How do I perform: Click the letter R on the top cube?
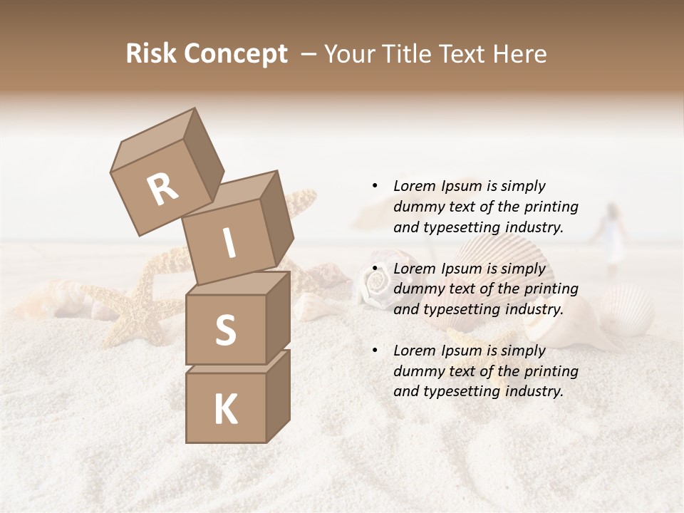[162, 189]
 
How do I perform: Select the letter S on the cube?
[225, 330]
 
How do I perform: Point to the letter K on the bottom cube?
[225, 410]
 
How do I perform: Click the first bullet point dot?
[375, 186]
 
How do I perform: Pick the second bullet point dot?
[375, 269]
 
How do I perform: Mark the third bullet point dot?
[375, 351]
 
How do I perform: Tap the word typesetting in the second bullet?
[459, 309]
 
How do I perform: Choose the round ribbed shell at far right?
[627, 306]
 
